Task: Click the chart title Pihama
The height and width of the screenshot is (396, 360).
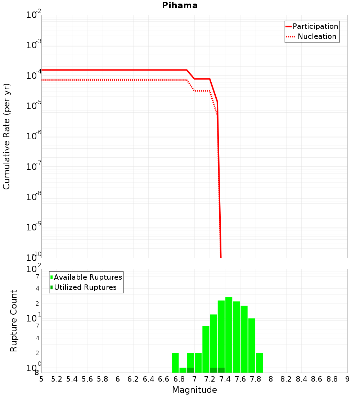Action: click(x=180, y=5)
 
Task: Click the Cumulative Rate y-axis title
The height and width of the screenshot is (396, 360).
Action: click(x=6, y=136)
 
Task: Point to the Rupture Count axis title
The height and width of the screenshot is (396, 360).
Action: click(x=14, y=321)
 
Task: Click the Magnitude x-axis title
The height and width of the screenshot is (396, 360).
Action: click(x=194, y=390)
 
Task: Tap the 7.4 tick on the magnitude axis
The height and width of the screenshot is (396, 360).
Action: click(x=225, y=379)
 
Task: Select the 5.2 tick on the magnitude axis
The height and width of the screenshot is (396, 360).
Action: click(x=57, y=379)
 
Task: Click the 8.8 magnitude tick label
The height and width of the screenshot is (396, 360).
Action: click(x=332, y=379)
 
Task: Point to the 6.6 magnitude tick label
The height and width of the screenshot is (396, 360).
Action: click(x=164, y=379)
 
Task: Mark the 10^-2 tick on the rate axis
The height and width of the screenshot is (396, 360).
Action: click(x=34, y=15)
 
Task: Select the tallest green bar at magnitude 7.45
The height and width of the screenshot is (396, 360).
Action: click(x=229, y=335)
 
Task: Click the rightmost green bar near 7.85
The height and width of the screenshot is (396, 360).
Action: click(x=260, y=363)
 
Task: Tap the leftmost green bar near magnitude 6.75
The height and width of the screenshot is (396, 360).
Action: click(x=175, y=363)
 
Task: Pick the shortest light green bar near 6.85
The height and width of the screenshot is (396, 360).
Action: click(x=183, y=370)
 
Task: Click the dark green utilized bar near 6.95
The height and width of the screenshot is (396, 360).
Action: click(x=191, y=370)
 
